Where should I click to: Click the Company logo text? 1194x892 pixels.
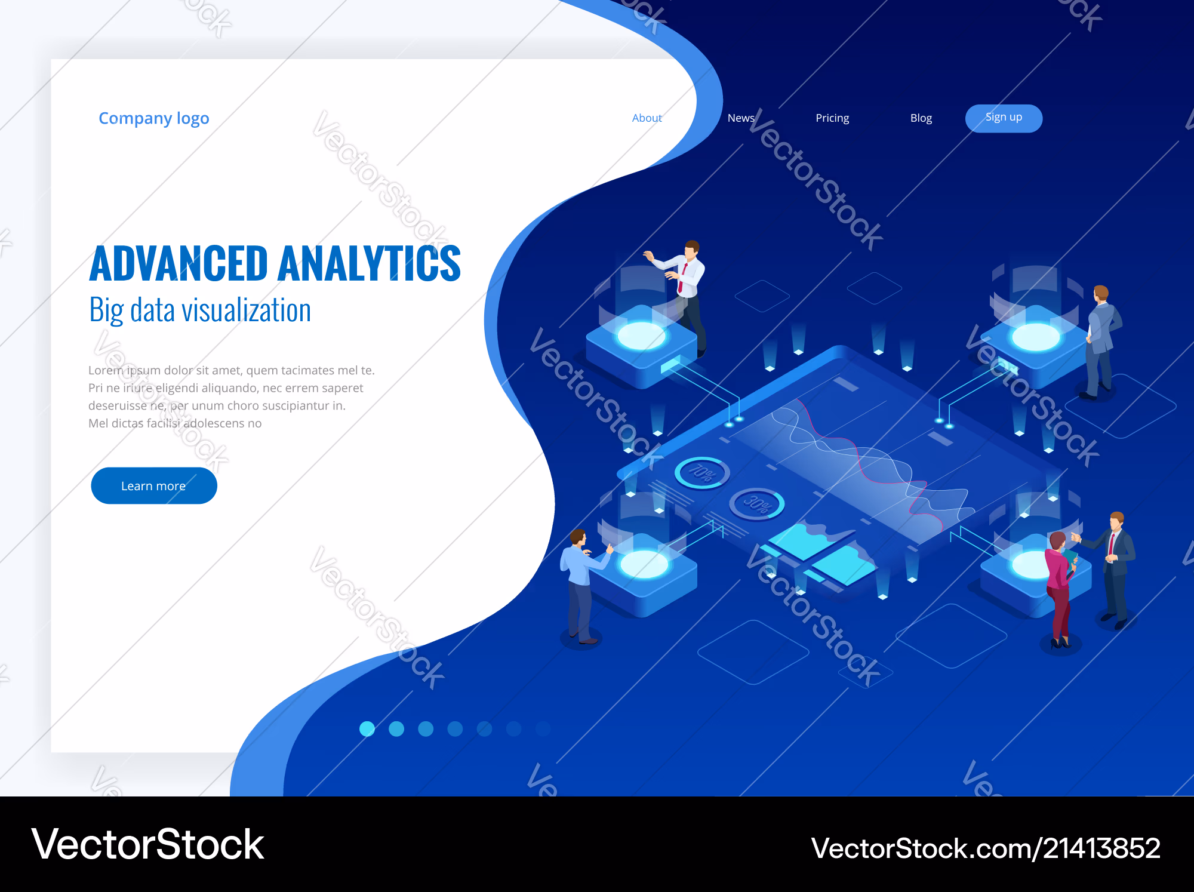tap(154, 118)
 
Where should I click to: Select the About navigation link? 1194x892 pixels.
tap(647, 118)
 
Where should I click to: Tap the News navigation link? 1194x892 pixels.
tap(741, 118)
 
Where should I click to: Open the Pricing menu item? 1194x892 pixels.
tap(832, 118)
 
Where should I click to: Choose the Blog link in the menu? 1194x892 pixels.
tap(921, 118)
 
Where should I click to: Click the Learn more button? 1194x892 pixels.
tap(154, 485)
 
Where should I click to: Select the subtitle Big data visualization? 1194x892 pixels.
tap(200, 310)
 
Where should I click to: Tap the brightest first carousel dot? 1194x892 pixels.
tap(367, 728)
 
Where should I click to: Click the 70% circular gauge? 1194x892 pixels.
tap(702, 473)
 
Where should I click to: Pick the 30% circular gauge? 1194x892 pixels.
tap(757, 505)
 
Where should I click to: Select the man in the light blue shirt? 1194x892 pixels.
tap(582, 585)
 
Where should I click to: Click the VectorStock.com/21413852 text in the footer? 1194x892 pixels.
tap(986, 848)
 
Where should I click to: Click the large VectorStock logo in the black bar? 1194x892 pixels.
tap(147, 844)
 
